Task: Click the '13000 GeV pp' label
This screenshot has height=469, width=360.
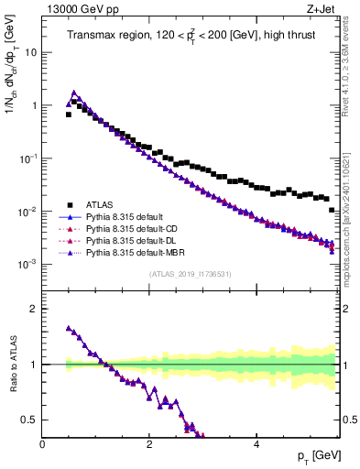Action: click(x=79, y=10)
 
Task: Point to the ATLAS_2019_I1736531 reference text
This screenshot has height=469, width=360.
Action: click(x=190, y=273)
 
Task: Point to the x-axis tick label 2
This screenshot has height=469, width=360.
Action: click(x=149, y=444)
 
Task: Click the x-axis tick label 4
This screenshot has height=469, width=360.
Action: click(x=256, y=444)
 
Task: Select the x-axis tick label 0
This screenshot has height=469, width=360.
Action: click(x=43, y=444)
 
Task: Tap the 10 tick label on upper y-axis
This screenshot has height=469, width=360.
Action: click(x=30, y=52)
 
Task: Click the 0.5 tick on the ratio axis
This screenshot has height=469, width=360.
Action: click(x=28, y=420)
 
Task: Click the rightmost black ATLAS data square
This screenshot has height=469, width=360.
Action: click(x=332, y=210)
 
